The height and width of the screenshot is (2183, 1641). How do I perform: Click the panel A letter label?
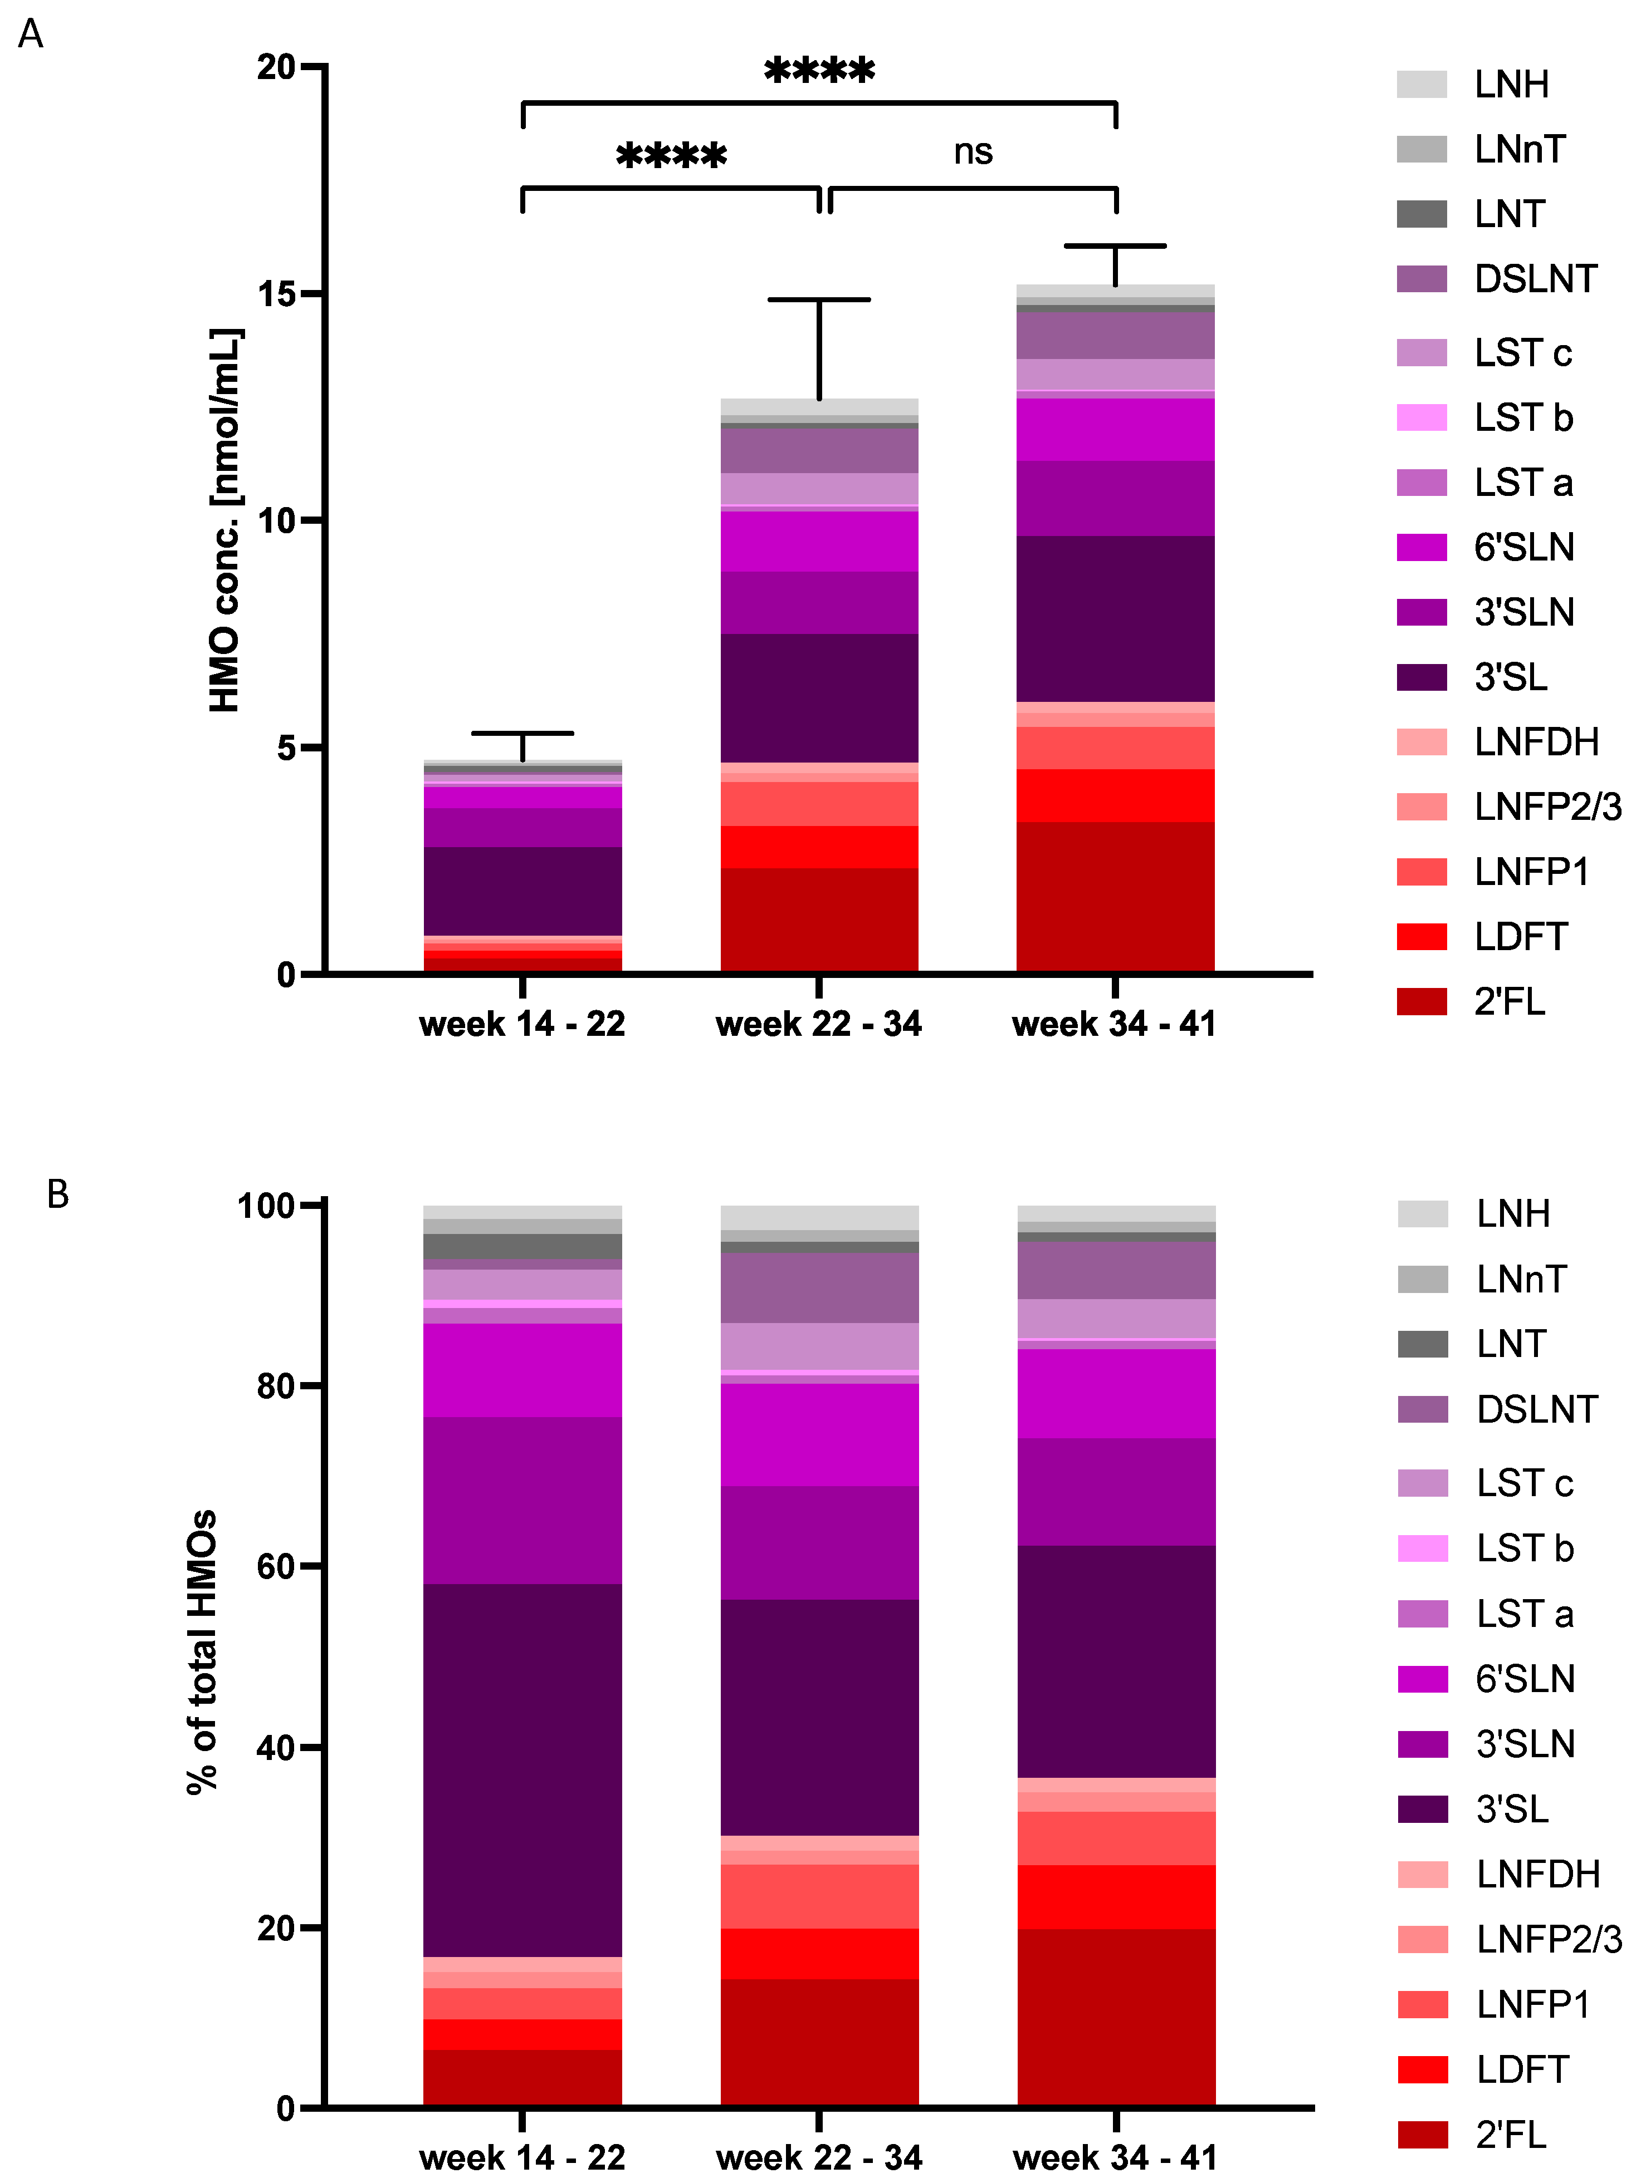tap(31, 35)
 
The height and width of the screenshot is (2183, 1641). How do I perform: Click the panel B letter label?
tap(58, 1194)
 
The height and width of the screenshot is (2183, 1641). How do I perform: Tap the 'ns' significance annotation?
tap(973, 152)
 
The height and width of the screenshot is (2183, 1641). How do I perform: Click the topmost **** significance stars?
tap(819, 71)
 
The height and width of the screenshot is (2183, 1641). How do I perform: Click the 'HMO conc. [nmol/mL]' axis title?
tap(225, 520)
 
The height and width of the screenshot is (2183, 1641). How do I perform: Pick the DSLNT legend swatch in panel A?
tap(1421, 279)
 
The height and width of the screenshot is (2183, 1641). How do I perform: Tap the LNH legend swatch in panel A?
tap(1421, 85)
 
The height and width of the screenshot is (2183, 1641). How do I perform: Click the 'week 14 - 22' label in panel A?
tap(522, 1024)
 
